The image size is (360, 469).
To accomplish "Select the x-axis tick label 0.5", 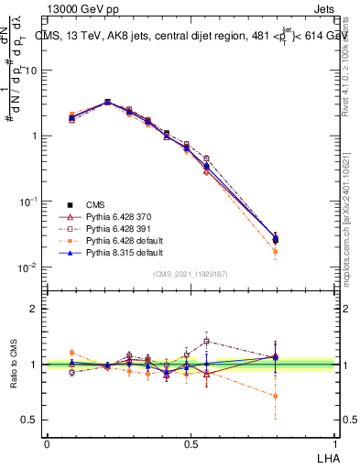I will pos(191,442).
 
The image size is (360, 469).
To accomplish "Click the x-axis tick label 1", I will pos(333,442).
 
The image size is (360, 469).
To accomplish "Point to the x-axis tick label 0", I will pos(47,442).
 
